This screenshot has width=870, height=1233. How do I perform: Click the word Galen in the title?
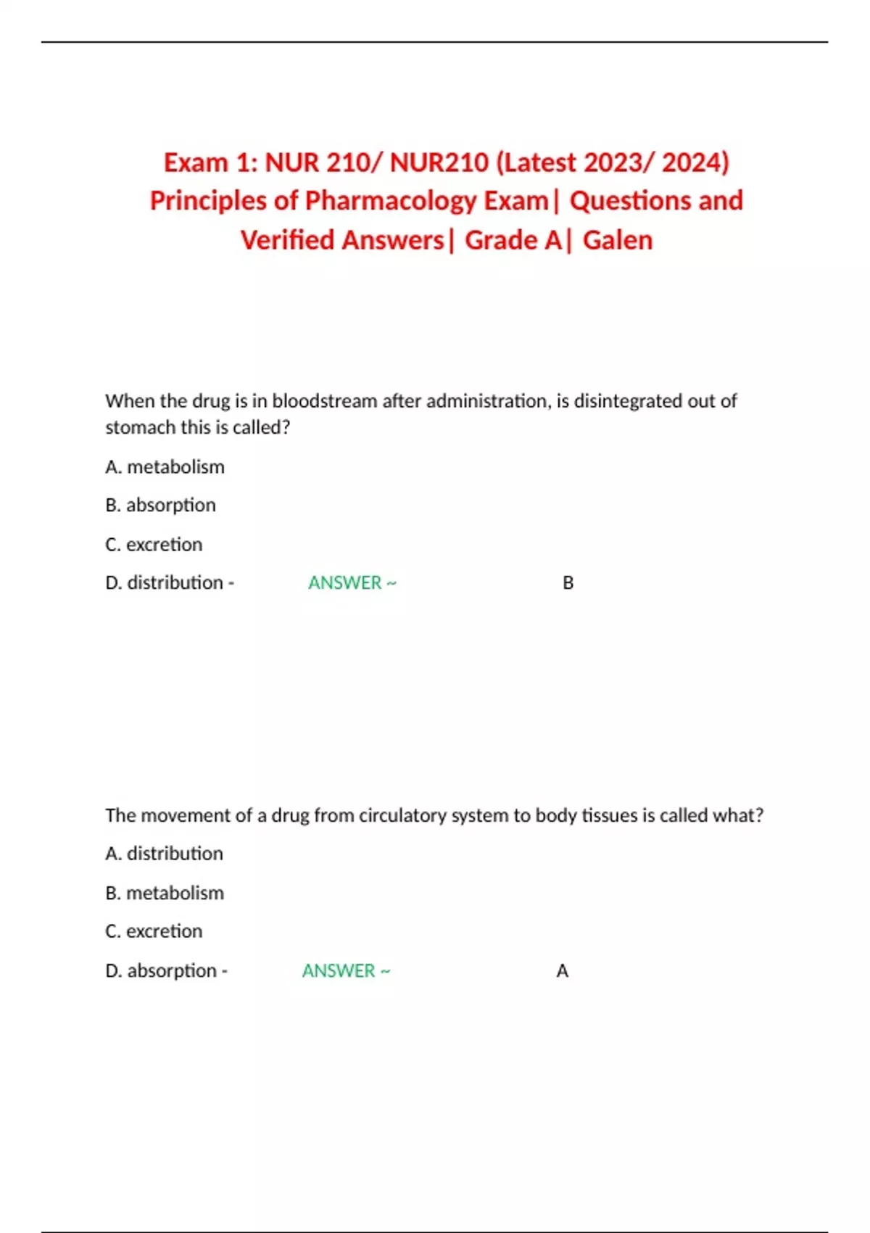click(x=617, y=240)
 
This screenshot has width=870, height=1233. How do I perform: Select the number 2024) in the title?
click(x=695, y=162)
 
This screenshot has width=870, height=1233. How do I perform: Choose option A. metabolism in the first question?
click(x=165, y=467)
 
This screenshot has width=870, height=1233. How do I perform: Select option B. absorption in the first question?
click(x=160, y=506)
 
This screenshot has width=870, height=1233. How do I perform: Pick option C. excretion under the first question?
click(x=154, y=545)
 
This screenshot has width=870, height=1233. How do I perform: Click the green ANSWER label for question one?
click(x=345, y=583)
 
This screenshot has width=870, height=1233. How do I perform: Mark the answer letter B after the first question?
click(x=568, y=583)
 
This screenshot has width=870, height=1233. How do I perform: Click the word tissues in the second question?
click(x=610, y=816)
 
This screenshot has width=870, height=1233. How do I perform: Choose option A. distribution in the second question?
click(x=164, y=854)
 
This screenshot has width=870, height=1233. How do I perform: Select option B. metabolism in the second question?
click(x=165, y=893)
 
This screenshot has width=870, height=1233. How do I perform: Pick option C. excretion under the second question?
click(x=154, y=931)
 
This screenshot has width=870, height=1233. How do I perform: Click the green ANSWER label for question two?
click(x=339, y=971)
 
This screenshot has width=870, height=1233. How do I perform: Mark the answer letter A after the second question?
click(x=562, y=971)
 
